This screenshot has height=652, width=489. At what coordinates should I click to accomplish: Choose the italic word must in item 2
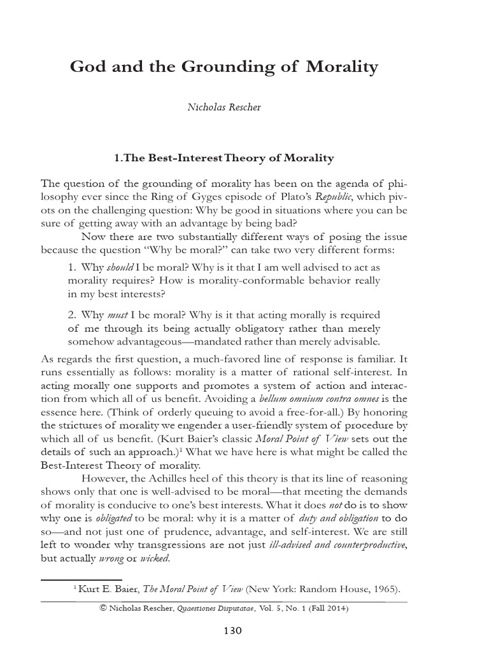point(117,315)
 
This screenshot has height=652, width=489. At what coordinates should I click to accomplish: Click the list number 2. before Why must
point(72,315)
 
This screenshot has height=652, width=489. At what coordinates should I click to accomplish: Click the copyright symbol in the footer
point(104,609)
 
